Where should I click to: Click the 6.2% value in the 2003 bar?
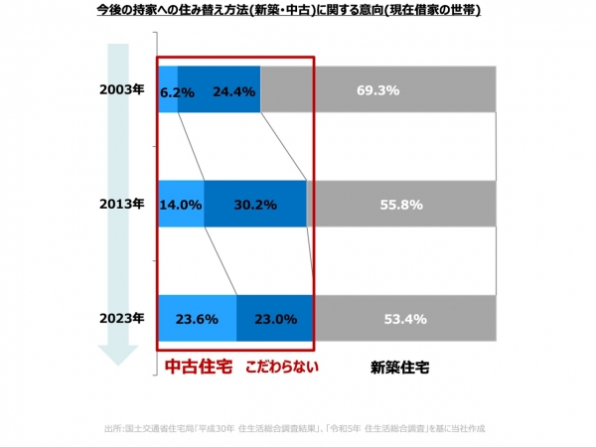click(x=175, y=91)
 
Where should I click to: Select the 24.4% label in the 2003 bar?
click(x=235, y=91)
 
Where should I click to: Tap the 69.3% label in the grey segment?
click(x=377, y=90)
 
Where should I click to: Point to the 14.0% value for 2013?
click(x=181, y=205)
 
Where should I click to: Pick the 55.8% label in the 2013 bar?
click(x=402, y=205)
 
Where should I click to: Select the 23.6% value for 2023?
click(x=197, y=319)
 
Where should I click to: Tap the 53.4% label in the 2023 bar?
click(x=404, y=319)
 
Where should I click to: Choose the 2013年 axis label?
click(x=123, y=205)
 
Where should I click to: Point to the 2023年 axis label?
click(x=123, y=319)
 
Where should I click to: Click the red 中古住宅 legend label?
click(x=198, y=366)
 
